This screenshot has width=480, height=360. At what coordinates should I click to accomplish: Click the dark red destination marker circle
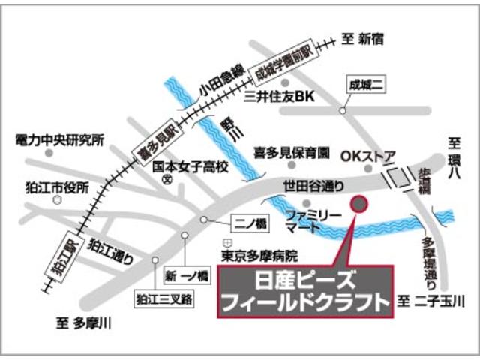(359, 204)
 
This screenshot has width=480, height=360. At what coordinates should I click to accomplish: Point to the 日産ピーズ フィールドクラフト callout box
(305, 291)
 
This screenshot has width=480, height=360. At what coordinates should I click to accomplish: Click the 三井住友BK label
(282, 96)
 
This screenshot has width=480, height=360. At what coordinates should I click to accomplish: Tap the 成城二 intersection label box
(365, 85)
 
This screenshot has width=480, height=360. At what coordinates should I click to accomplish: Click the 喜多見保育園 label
(292, 153)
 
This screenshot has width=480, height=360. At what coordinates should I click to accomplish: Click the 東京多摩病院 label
(259, 255)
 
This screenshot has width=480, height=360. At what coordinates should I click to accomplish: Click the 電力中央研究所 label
(60, 139)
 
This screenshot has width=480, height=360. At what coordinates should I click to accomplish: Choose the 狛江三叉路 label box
(164, 299)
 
